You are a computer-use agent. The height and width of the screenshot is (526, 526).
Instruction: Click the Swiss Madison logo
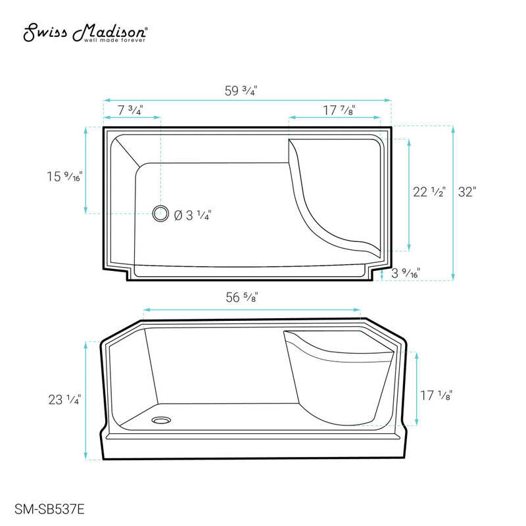pos(85,32)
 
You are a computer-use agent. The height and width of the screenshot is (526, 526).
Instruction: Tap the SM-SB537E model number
pos(49,509)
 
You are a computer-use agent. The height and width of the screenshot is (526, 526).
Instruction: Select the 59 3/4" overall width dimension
pos(241,91)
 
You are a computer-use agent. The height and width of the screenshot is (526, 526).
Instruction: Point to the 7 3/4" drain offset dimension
pos(130,110)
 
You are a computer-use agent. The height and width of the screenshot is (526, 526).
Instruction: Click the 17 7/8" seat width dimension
pos(339,110)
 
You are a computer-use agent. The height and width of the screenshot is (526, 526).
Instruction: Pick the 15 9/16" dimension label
pos(64,176)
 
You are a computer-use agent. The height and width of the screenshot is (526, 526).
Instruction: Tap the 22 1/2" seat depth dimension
pos(429,192)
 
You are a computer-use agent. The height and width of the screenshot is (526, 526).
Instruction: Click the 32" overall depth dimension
pos(467,192)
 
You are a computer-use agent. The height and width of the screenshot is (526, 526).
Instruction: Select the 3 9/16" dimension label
pos(406,273)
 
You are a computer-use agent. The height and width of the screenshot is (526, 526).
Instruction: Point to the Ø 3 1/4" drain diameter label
pos(193,215)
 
